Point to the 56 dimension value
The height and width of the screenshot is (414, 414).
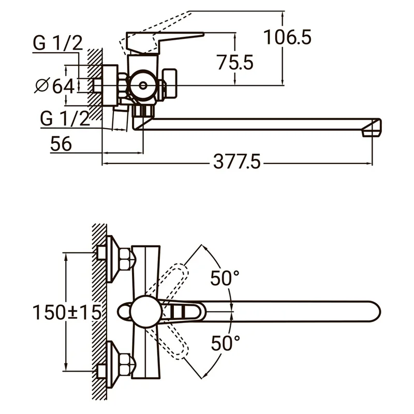61,144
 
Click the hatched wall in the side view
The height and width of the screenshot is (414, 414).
94,78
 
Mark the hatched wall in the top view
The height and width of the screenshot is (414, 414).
98,310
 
